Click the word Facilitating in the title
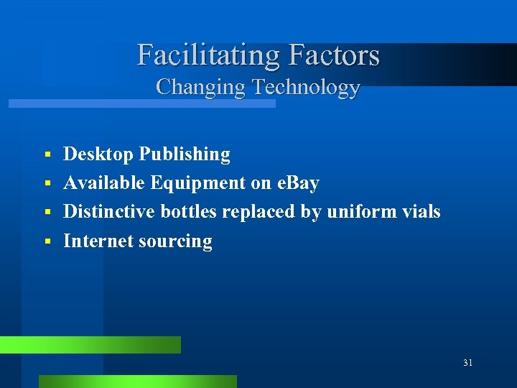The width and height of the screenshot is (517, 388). tap(209, 55)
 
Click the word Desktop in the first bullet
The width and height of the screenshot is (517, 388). tap(98, 154)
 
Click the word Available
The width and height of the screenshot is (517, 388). tap(104, 183)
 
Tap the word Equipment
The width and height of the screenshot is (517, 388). tap(198, 184)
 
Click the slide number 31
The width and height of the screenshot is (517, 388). tap(467, 363)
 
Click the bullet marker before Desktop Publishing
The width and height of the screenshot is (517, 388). tap(47, 155)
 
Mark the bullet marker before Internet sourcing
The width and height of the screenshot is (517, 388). tap(47, 241)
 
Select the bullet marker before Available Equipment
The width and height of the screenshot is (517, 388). tap(47, 184)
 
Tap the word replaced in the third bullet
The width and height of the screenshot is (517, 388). tap(263, 213)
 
